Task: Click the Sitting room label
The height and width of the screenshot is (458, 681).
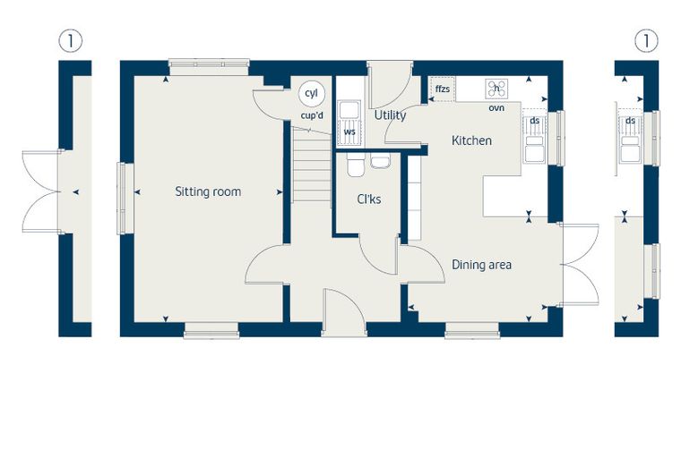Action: tap(208, 191)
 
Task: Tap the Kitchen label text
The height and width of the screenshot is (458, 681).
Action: tap(471, 140)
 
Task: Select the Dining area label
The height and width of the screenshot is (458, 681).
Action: tap(481, 265)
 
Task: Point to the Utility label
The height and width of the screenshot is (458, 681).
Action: tap(390, 115)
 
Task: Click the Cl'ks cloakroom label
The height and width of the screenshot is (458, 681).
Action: tap(369, 199)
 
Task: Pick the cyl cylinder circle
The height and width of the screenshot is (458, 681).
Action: tap(312, 94)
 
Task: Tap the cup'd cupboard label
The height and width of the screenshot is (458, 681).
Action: tap(312, 115)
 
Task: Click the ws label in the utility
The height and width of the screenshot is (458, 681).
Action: tap(349, 131)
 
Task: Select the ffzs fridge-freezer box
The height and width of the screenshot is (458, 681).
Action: tap(442, 89)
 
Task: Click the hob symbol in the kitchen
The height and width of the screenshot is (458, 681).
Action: tap(496, 89)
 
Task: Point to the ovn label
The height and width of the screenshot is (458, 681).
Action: tap(496, 107)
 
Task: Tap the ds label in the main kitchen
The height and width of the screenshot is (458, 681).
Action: tap(535, 121)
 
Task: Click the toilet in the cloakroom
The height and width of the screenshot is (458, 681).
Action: tap(356, 165)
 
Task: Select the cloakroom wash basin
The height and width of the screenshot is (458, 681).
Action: tap(381, 161)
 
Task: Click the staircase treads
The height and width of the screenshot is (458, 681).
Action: tap(312, 165)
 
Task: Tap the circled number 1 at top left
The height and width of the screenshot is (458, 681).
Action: tap(70, 41)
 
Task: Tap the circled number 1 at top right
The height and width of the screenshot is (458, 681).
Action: tap(646, 41)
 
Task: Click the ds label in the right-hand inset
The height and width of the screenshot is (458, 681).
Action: tap(630, 121)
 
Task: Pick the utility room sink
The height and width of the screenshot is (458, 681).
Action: tap(349, 110)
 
